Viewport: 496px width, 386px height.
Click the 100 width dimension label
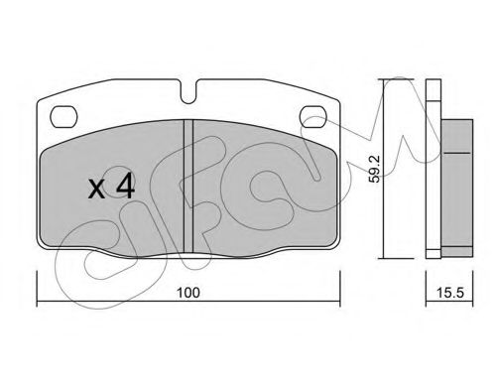188,293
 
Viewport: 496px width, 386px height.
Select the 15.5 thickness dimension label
450,293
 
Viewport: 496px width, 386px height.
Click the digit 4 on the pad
125,187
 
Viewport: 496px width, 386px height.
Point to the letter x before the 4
96,190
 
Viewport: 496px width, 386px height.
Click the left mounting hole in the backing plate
63,116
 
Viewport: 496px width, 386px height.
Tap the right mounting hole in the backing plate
313,116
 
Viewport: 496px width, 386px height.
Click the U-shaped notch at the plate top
188,91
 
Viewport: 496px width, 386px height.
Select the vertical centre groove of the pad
188,187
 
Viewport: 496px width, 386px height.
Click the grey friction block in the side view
457,188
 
